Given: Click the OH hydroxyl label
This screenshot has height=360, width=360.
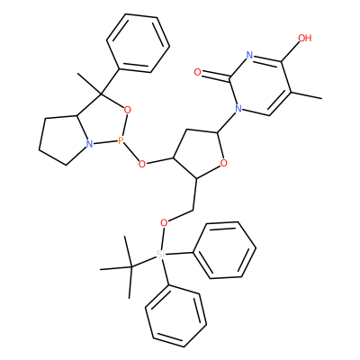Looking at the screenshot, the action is [x=305, y=38].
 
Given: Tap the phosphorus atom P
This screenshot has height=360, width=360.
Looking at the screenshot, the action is [x=121, y=140].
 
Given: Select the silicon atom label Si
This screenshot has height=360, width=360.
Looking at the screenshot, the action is [x=161, y=255].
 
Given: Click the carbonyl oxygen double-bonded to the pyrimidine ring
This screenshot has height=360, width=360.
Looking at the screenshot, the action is [x=197, y=72].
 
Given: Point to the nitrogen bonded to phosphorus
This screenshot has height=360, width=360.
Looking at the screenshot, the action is [x=88, y=144].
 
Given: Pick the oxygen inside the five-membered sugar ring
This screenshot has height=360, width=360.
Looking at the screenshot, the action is [x=223, y=163].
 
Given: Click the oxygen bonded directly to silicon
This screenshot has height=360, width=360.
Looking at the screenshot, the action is [x=164, y=223].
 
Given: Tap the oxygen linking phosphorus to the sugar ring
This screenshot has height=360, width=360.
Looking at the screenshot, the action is [x=142, y=164].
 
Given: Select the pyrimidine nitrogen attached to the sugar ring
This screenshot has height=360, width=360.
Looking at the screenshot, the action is [x=238, y=108].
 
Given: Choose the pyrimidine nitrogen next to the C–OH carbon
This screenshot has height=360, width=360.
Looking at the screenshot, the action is [x=249, y=55].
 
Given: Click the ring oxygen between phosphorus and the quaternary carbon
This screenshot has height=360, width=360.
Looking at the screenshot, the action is [x=128, y=110].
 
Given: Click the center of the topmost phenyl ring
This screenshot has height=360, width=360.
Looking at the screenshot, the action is [x=139, y=43].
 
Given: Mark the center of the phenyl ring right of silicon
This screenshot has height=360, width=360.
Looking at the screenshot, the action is [x=225, y=250].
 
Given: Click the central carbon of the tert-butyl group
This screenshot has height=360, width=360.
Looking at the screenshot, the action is [x=131, y=266].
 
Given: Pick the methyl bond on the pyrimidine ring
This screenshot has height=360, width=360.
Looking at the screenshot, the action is [x=306, y=94].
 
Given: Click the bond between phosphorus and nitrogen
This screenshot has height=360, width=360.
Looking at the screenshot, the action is [x=104, y=142].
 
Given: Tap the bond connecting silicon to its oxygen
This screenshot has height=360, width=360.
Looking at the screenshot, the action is [x=163, y=238].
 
